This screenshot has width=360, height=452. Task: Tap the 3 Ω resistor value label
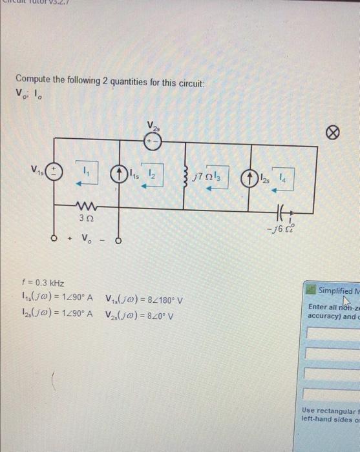click(85, 220)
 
